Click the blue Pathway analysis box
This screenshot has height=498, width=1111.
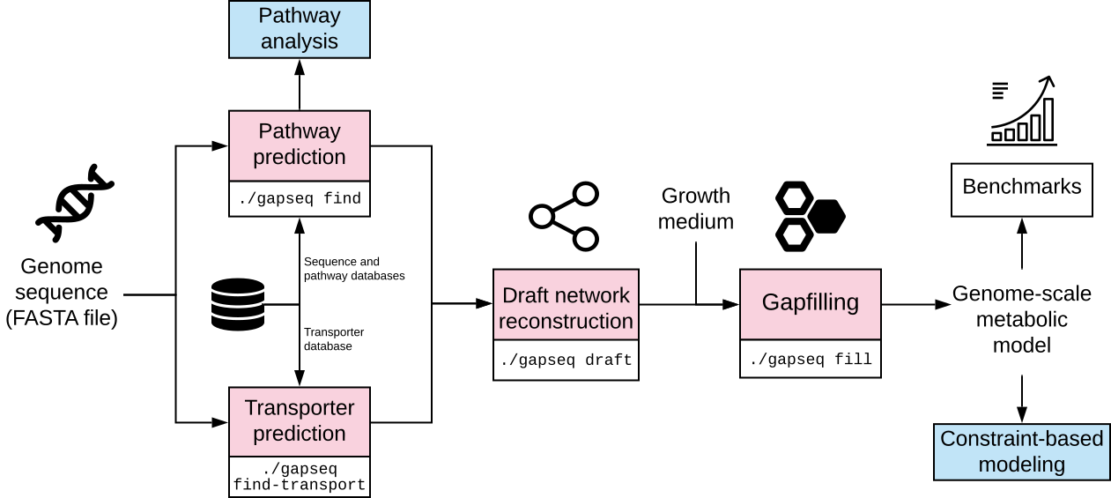(299, 29)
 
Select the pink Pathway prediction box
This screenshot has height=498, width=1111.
(299, 145)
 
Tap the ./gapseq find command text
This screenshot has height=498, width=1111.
(300, 198)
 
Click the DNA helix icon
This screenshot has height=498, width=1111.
(75, 204)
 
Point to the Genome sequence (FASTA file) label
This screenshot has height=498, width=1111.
(62, 292)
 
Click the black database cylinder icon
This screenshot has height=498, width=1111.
(238, 304)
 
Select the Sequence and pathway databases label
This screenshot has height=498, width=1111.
(354, 268)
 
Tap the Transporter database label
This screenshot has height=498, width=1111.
(334, 338)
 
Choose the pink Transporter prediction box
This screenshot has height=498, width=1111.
(299, 421)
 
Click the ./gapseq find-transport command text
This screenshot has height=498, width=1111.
(299, 477)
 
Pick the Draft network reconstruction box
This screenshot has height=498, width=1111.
(566, 305)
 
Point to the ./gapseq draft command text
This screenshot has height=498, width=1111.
(566, 360)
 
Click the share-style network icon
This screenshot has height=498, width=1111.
(564, 216)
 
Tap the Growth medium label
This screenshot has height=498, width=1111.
(696, 209)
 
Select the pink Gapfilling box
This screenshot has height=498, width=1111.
(811, 304)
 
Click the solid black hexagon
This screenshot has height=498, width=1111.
(826, 216)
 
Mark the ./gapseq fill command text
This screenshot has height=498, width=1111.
(811, 359)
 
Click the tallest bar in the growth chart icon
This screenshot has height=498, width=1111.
(1048, 120)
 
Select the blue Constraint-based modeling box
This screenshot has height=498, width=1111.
(1022, 452)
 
